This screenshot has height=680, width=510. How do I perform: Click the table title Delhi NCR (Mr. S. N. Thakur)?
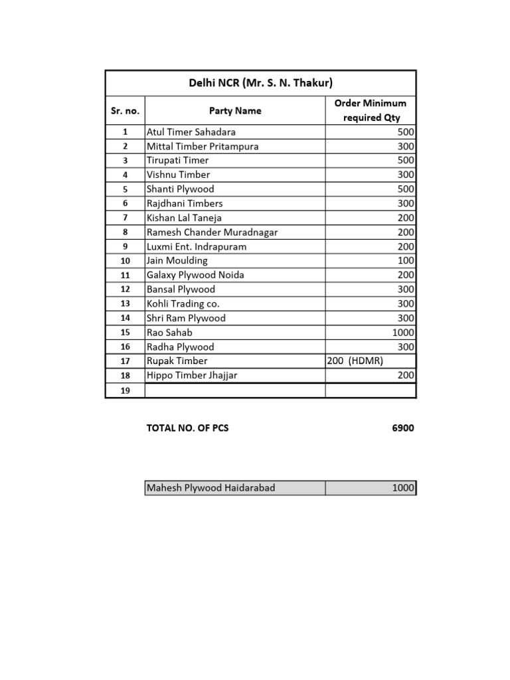[x=260, y=83]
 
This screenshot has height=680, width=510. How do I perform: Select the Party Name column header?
[x=235, y=111]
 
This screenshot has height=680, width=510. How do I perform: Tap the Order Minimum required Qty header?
[x=371, y=110]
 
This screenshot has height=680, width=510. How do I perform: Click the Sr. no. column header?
[x=125, y=111]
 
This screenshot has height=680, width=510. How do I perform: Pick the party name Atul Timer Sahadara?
[x=191, y=132]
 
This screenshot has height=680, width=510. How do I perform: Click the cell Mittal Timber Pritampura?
[x=203, y=146]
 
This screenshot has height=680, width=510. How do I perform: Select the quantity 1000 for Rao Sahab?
[x=403, y=332]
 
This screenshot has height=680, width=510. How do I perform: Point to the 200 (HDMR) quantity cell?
[x=355, y=361]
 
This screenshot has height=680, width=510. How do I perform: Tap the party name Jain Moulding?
[x=177, y=260]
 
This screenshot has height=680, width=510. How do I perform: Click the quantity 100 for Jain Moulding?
[x=406, y=260]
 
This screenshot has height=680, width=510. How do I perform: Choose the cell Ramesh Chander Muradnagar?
[x=212, y=232]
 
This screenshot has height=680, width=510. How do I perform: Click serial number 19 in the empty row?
[x=125, y=390]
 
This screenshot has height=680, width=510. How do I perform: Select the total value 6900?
[x=402, y=428]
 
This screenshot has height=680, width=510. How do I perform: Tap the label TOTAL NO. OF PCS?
[x=187, y=428]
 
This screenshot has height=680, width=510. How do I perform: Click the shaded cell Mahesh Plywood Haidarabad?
[x=211, y=488]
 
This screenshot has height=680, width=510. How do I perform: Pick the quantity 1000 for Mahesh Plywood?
[x=403, y=488]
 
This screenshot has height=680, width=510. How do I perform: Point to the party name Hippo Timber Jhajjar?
[x=192, y=375]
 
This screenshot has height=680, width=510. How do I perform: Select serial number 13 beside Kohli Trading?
[x=125, y=303]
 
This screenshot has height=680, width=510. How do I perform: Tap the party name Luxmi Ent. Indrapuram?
[x=197, y=246]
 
